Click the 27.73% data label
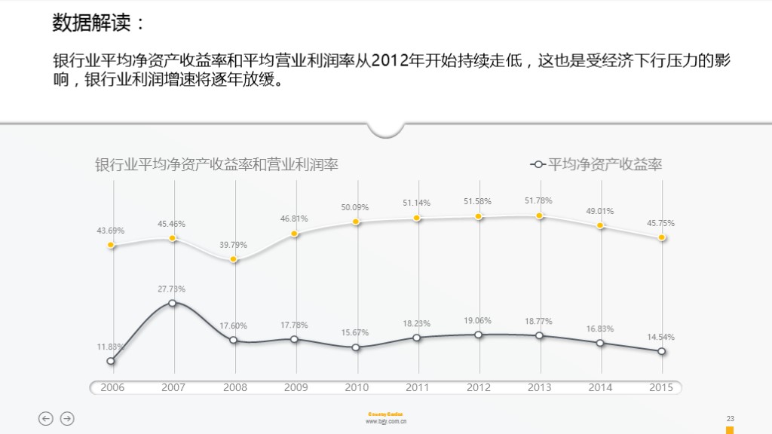(172, 289)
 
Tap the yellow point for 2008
(234, 259)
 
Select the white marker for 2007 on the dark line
(173, 303)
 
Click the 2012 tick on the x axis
(479, 387)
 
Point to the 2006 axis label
(112, 387)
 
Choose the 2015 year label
(661, 387)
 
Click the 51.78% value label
(538, 200)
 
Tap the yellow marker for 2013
(540, 216)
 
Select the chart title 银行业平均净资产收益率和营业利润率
(216, 164)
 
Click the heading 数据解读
(98, 23)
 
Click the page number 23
(730, 418)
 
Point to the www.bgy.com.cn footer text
(386, 423)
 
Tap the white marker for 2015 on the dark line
(662, 351)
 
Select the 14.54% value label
(661, 337)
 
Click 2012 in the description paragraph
(391, 61)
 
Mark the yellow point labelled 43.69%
(111, 245)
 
